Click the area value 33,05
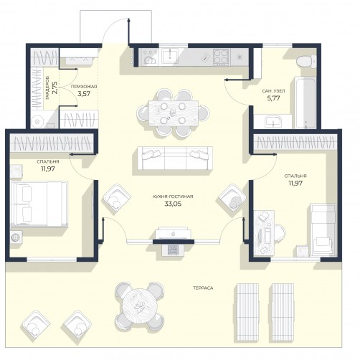coord(173,204)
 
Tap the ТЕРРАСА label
coord(203,288)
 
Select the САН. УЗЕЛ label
coord(273,91)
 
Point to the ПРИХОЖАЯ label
coord(84,87)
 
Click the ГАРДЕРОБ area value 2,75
coord(55,87)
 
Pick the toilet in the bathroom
coord(306,61)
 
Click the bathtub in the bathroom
coord(305,103)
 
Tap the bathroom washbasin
coord(273,122)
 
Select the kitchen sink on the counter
coord(169,55)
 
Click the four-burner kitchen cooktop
coord(221,57)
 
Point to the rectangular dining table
coord(174,113)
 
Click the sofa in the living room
coord(175,158)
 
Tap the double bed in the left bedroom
coord(39,204)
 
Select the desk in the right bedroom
coord(264,232)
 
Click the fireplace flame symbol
coord(173,235)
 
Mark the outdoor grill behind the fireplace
coord(173,250)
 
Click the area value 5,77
coord(273,98)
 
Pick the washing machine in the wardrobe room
coord(37,122)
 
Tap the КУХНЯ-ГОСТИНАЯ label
coord(173,196)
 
